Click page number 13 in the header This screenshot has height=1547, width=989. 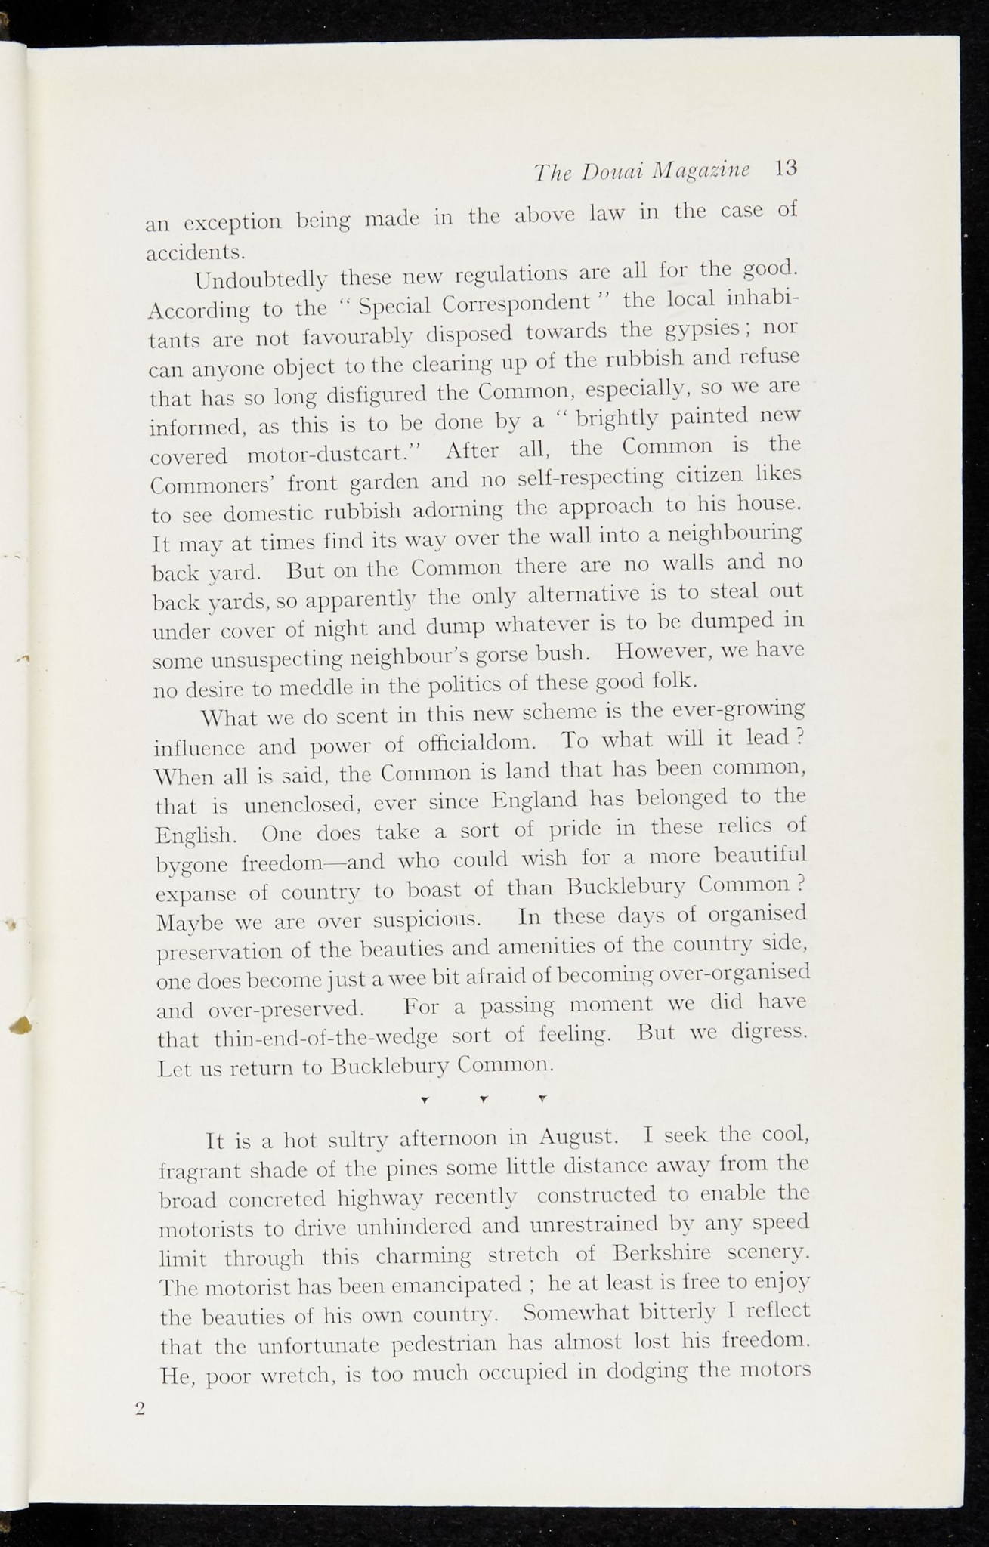click(x=787, y=168)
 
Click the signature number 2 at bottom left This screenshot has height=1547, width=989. click(x=139, y=1409)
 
